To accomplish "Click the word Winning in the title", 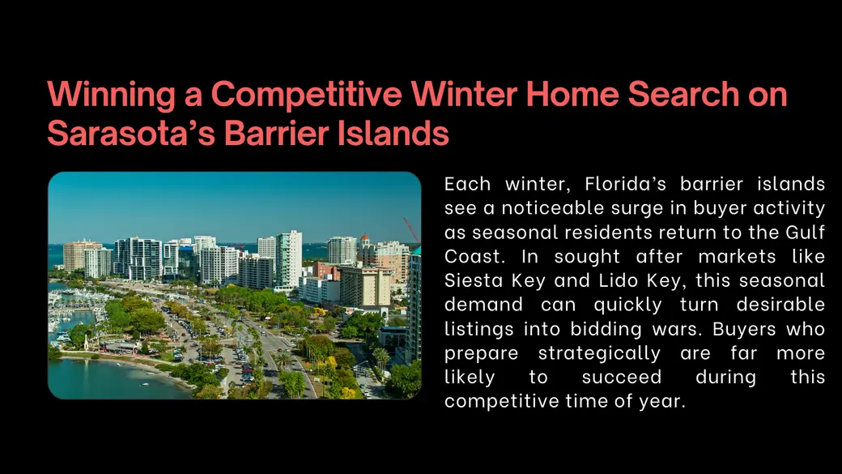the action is tap(111, 95).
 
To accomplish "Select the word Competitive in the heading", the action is tap(306, 95).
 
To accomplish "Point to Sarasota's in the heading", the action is tap(131, 132).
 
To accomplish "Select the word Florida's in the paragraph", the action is tap(625, 185).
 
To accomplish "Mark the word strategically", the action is tap(599, 353).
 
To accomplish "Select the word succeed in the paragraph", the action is tap(621, 378).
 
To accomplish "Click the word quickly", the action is tap(627, 305).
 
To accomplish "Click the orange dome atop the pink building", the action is tap(364, 237).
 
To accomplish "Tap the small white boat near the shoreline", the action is tap(144, 384).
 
